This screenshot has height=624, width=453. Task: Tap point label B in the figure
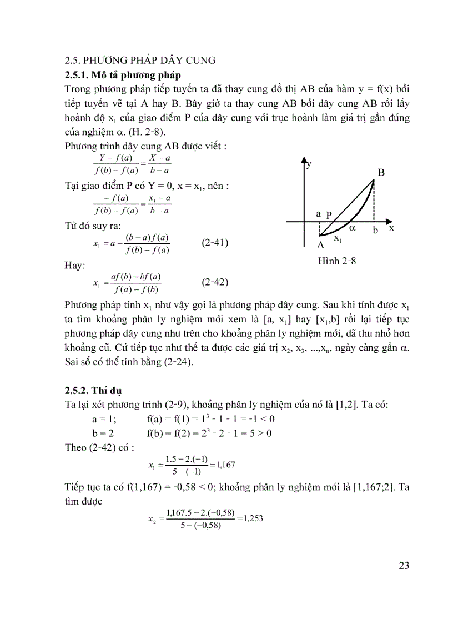[x=381, y=173]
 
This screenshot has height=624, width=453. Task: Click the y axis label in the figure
[x=309, y=164]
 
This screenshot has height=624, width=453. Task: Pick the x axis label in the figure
[x=391, y=228]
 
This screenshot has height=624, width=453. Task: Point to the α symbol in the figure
[x=352, y=227]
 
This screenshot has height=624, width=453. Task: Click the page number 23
[x=404, y=566]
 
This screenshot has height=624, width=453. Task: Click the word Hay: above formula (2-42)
[x=75, y=266]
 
